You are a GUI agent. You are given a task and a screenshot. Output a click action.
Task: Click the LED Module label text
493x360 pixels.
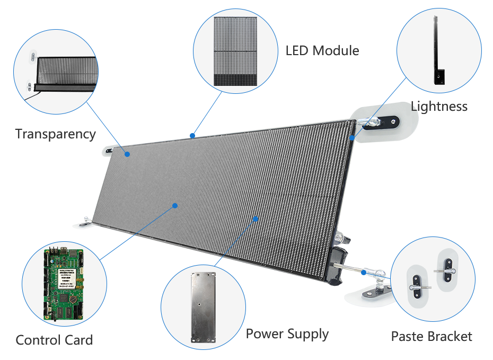point(322,51)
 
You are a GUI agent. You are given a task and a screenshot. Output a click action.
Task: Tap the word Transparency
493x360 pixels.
point(55,134)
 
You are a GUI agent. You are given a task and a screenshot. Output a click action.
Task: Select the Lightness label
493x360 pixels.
point(439,106)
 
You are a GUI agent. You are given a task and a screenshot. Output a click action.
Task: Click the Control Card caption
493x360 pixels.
point(54,340)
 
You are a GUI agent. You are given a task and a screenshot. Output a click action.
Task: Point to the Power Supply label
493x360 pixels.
point(287,334)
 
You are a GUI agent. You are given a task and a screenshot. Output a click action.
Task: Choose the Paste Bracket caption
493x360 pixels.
point(431,336)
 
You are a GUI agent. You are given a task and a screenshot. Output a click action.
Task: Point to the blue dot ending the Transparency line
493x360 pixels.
point(128,154)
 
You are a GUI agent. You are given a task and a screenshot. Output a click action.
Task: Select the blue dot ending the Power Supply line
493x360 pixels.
point(256,218)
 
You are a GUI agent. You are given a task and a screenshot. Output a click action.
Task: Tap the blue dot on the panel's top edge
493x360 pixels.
point(192,136)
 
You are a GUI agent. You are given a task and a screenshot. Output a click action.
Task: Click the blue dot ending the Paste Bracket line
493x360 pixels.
point(364,273)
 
